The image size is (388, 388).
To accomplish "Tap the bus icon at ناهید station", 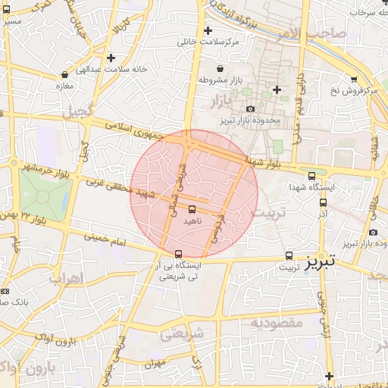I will click(191, 208).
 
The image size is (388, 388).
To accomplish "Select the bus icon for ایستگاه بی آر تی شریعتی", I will click(178, 254).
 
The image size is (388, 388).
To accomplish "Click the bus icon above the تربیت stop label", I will click(289, 256).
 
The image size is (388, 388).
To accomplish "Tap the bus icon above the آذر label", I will click(324, 203).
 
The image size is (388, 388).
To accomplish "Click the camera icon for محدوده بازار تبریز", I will click(251, 109).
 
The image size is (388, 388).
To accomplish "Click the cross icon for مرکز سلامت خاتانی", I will click(208, 30).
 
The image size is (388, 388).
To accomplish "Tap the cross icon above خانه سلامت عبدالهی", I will click(111, 58).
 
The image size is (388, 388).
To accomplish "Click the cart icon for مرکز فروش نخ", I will click(354, 79).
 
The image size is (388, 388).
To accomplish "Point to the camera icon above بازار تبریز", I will click(373, 232).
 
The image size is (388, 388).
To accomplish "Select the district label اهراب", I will click(64, 278).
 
